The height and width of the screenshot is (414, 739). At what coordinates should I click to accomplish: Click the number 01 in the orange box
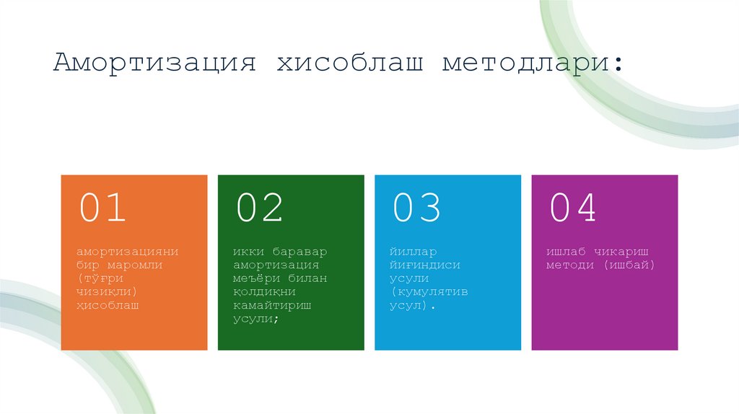point(102,208)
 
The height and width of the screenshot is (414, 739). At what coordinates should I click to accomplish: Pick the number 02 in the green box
point(259,208)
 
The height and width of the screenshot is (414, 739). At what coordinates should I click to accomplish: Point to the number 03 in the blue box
point(416,208)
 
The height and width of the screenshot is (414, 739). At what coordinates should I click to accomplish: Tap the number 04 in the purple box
point(573,208)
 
